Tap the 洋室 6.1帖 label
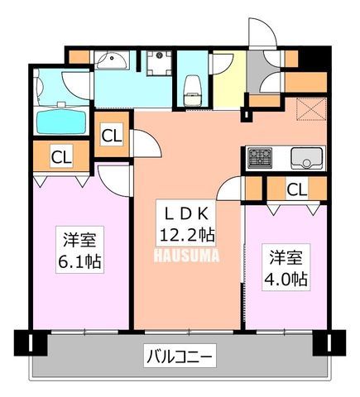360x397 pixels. point(79,250)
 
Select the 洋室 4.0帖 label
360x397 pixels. point(286,267)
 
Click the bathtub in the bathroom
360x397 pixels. point(62,120)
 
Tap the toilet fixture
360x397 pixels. point(193,90)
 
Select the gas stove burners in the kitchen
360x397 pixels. point(260,158)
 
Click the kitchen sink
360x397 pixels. point(307,158)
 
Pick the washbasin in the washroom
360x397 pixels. point(112,60)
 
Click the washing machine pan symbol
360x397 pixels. point(159,63)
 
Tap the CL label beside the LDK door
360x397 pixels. point(112,136)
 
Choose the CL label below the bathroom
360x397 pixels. point(61,156)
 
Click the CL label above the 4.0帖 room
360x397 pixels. point(296,189)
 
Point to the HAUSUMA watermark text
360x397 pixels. point(186,256)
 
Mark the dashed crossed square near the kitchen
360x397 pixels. point(311,109)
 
